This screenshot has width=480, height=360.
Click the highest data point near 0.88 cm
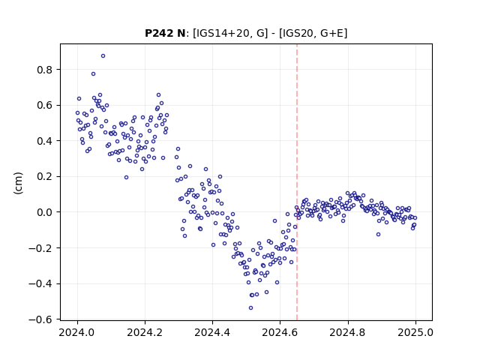(103, 56)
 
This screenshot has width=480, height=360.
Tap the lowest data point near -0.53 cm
(250, 308)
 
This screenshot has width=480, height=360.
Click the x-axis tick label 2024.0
(77, 332)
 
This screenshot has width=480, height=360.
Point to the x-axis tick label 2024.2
(145, 332)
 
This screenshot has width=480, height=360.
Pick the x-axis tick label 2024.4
(212, 332)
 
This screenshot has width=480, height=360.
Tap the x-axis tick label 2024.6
(280, 332)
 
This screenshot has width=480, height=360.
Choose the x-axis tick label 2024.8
(347, 332)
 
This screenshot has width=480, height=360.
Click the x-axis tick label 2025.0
(415, 332)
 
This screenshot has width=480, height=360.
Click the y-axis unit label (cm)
(18, 183)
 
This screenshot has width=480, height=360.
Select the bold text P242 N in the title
(165, 33)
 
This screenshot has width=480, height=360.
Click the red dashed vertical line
(297, 182)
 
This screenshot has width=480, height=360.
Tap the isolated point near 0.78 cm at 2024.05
(93, 74)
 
